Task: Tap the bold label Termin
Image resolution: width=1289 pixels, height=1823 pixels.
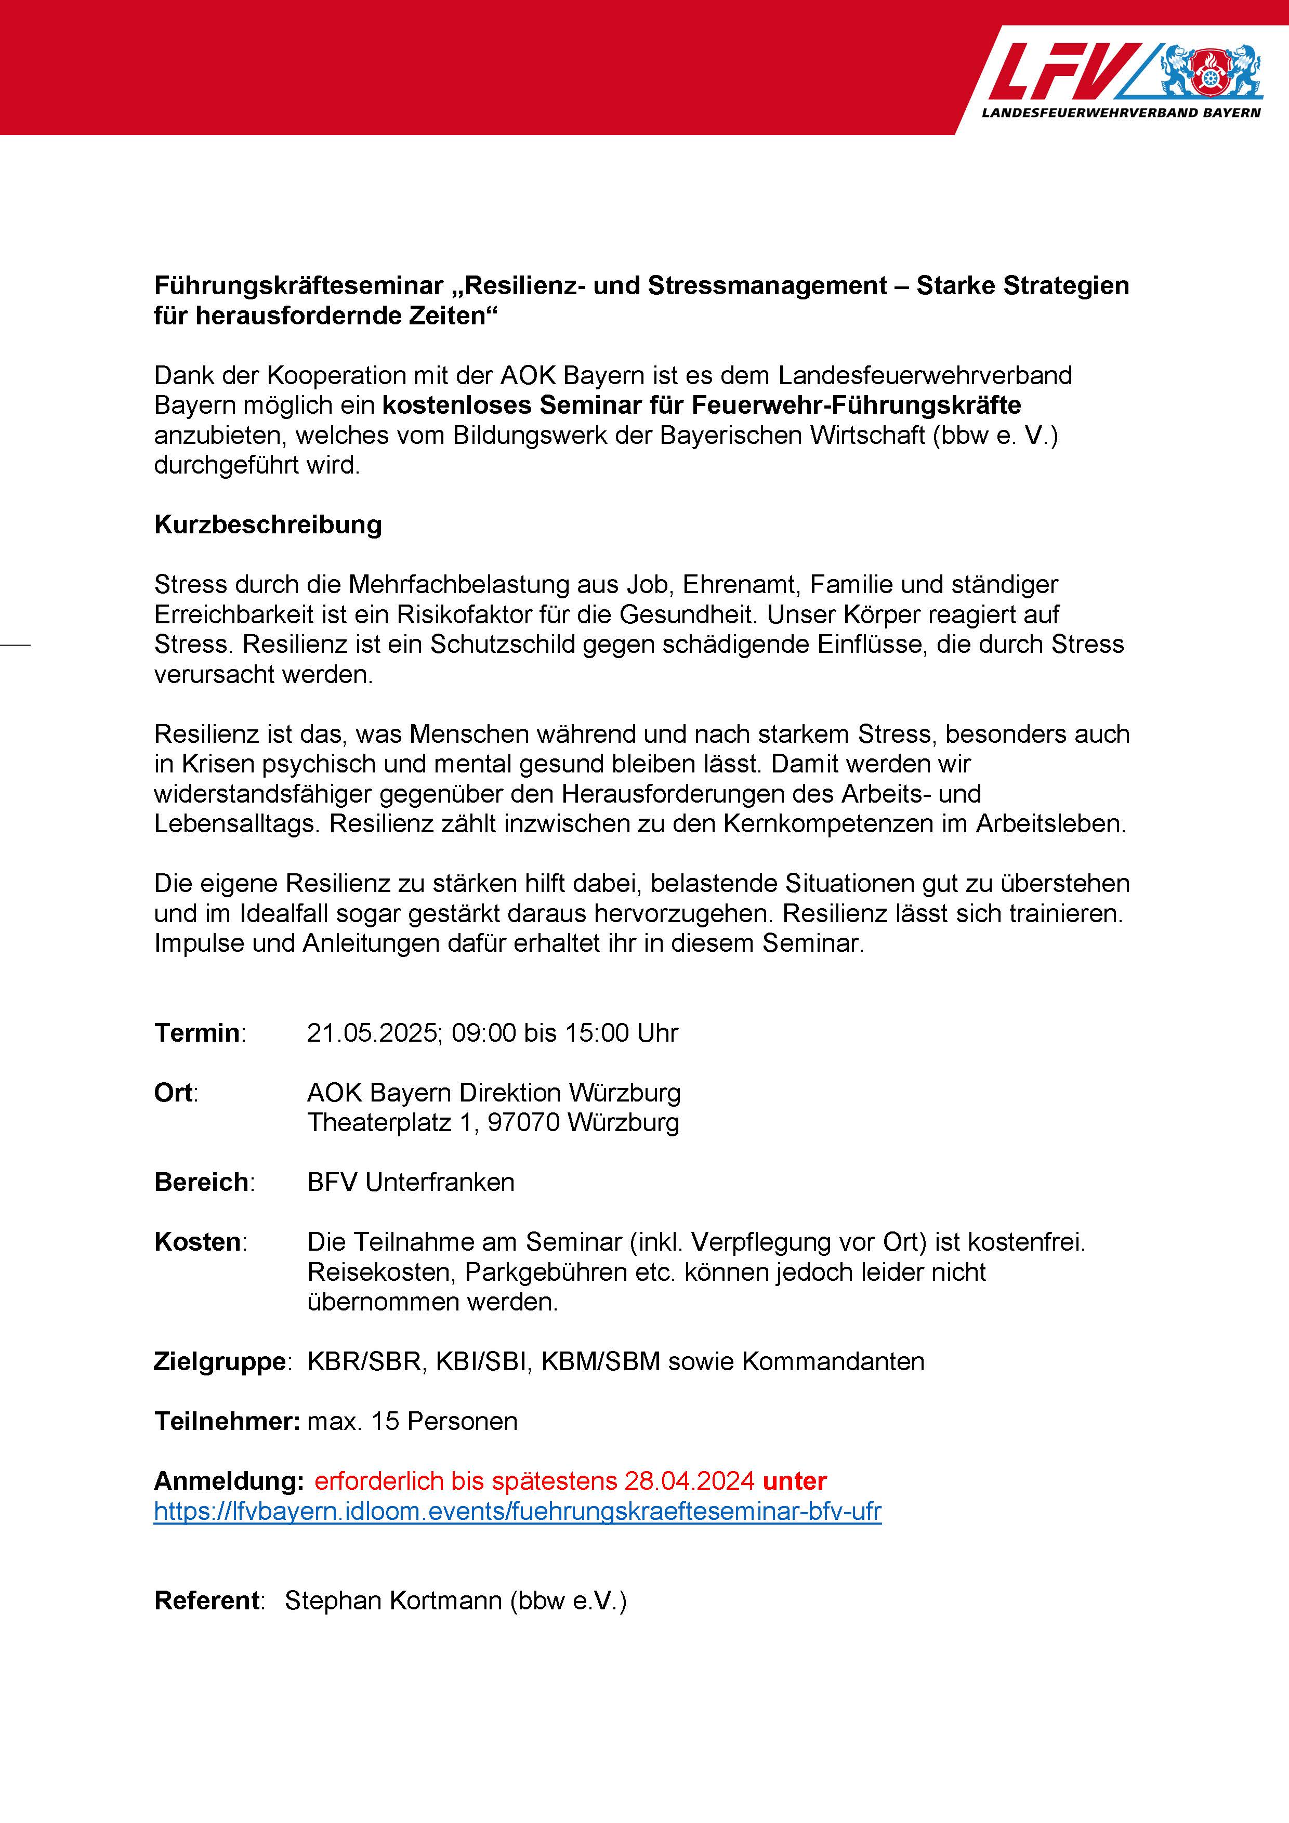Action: tap(198, 1033)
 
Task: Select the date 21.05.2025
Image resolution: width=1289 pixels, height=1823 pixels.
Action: tap(373, 1033)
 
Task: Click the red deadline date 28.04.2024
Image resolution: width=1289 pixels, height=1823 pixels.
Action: tap(689, 1481)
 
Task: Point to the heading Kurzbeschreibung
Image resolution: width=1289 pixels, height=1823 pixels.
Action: tap(268, 525)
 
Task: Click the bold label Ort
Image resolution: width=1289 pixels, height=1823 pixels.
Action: tap(174, 1093)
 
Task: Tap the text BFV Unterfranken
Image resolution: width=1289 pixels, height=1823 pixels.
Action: tap(411, 1182)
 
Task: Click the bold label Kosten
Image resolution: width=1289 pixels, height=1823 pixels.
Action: tap(198, 1242)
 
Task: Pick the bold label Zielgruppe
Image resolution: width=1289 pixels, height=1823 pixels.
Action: tap(220, 1362)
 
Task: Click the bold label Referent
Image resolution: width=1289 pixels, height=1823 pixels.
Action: tap(206, 1601)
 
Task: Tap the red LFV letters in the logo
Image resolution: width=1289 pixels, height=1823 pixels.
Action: tap(1063, 71)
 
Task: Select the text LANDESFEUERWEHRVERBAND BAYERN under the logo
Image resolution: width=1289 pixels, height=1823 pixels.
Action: tap(1121, 113)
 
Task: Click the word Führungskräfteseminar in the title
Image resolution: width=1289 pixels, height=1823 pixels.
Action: tap(298, 286)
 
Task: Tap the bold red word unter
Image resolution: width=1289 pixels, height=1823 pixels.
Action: tap(795, 1481)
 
